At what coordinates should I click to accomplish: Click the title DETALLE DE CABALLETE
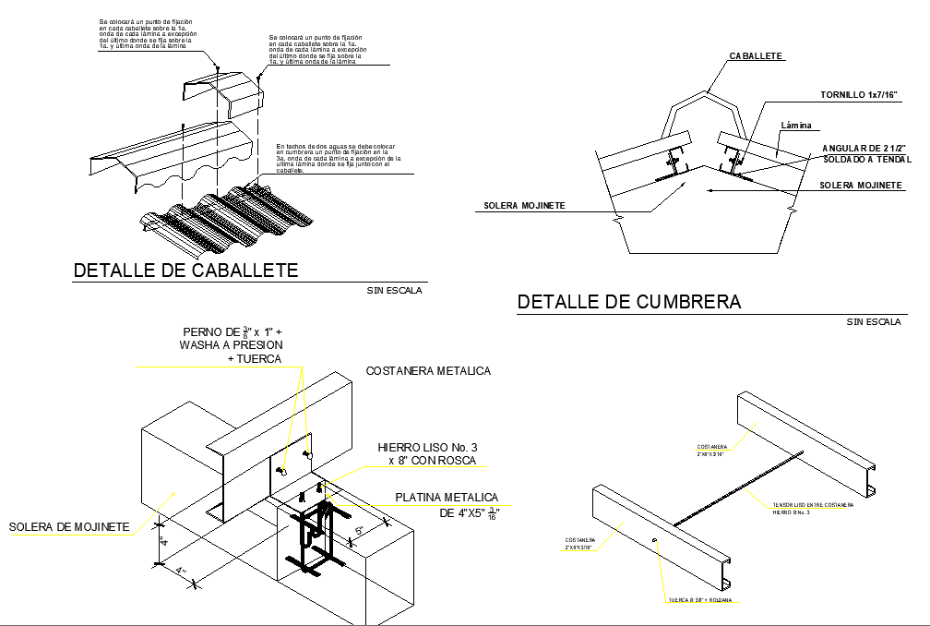pos(185,271)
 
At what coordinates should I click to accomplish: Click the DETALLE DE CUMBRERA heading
pos(629,302)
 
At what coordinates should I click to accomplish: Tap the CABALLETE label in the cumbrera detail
pos(757,56)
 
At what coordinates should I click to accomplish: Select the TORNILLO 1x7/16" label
pos(858,95)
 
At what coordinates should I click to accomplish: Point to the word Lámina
pos(801,126)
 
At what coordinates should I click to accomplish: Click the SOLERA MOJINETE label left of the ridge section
pos(524,205)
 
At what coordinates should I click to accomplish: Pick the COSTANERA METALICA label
pos(428,371)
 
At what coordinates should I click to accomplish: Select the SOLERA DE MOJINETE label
pos(68,527)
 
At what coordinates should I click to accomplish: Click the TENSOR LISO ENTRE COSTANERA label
pos(812,505)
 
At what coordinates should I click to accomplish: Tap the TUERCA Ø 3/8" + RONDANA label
pos(701,600)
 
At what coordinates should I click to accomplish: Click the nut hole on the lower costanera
pos(653,539)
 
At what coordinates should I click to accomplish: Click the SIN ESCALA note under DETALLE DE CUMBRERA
pos(874,322)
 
